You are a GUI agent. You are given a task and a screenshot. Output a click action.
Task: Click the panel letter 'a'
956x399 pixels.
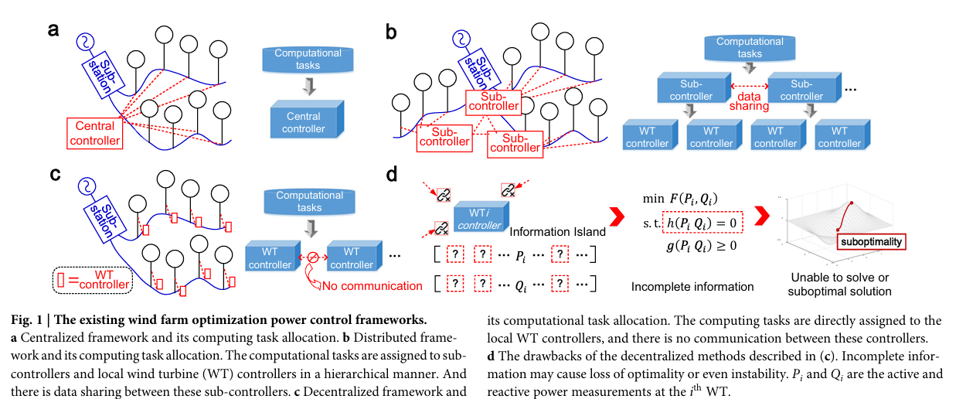pyautogui.click(x=53, y=30)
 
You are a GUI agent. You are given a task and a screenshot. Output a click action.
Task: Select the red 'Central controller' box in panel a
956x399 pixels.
pyautogui.click(x=95, y=133)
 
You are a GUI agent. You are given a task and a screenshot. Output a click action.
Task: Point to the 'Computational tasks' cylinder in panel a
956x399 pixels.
pyautogui.click(x=309, y=59)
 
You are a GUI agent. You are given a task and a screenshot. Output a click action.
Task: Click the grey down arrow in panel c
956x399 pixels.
pyautogui.click(x=309, y=229)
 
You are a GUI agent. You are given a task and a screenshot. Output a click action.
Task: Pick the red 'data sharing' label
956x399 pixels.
pyautogui.click(x=749, y=98)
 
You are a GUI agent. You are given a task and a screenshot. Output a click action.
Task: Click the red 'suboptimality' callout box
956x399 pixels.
pyautogui.click(x=871, y=242)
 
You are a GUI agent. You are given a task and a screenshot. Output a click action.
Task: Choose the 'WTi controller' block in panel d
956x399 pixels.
pyautogui.click(x=475, y=219)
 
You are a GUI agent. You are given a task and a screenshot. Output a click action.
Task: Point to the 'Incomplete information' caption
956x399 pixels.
pyautogui.click(x=692, y=287)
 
